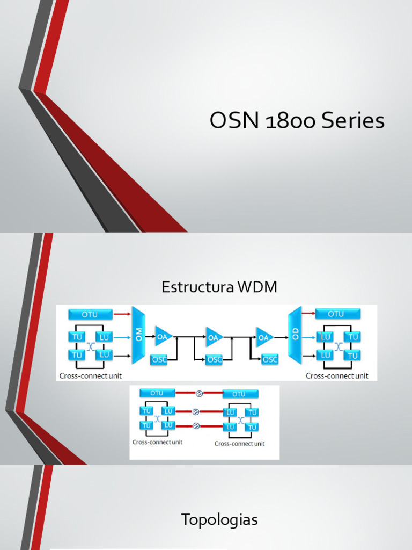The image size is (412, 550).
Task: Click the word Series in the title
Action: click(353, 121)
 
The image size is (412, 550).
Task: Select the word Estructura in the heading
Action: click(196, 287)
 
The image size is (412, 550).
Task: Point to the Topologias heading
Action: click(219, 520)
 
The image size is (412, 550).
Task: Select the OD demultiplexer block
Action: click(295, 336)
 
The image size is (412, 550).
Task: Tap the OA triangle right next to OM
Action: click(163, 337)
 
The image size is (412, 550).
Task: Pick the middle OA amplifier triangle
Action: click(214, 337)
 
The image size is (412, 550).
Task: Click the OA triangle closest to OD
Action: click(264, 337)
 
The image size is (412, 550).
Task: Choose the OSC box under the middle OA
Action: click(214, 359)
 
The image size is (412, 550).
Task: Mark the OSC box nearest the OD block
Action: click(270, 359)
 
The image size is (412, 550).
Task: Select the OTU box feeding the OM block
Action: click(91, 314)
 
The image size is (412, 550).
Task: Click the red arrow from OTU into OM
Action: click(122, 314)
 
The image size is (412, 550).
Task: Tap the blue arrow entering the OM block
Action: click(122, 337)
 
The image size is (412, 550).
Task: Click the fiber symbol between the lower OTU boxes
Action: click(199, 394)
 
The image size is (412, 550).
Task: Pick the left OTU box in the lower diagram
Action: click(157, 394)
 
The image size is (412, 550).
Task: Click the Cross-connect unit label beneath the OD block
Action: click(337, 376)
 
